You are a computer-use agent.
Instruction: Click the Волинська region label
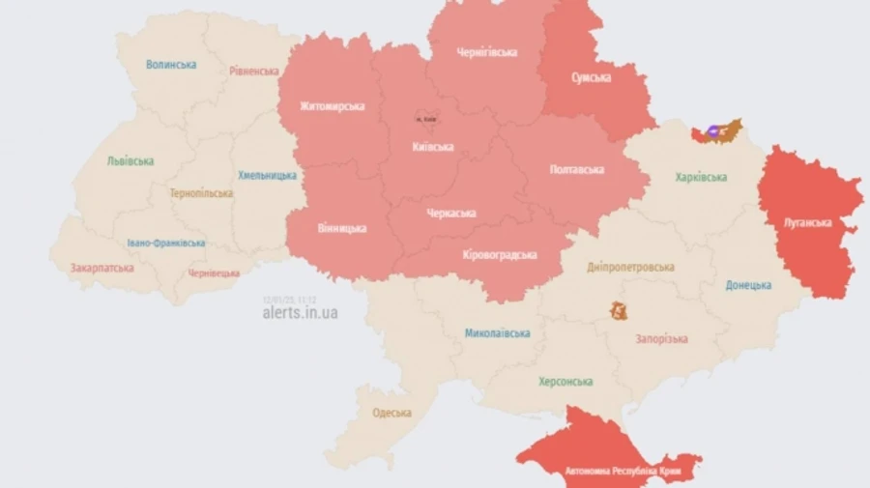click(x=171, y=65)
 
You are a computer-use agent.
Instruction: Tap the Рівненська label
click(x=254, y=71)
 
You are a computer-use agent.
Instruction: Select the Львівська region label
click(x=130, y=161)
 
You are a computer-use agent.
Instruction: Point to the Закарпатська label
click(x=101, y=268)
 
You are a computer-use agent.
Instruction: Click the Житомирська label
click(x=332, y=106)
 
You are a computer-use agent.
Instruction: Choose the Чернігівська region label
click(x=486, y=52)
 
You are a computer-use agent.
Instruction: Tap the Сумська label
click(x=591, y=77)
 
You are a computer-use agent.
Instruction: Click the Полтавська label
click(x=576, y=169)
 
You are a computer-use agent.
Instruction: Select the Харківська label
click(x=701, y=177)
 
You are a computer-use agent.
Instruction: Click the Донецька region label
click(x=748, y=285)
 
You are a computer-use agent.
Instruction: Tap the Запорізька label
click(x=661, y=339)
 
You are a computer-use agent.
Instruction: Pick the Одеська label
click(x=391, y=413)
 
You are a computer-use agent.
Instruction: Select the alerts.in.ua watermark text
click(x=300, y=312)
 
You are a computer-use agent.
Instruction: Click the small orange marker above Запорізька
click(x=618, y=311)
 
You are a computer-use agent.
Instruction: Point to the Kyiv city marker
click(x=425, y=118)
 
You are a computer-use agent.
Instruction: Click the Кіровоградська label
click(x=499, y=254)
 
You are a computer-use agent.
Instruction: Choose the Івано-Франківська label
click(x=165, y=244)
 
